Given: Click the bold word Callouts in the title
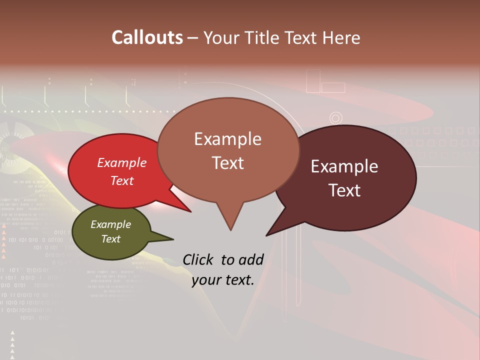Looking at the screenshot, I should tap(147, 38).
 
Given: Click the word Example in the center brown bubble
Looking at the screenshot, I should tap(227, 139).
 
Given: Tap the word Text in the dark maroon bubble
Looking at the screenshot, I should tap(345, 190).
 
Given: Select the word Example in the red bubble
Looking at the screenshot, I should tap(122, 162).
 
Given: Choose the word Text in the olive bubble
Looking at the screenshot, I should tap(111, 239).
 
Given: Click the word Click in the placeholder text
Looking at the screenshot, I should tap(198, 259).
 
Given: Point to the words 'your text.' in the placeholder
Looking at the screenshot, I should tap(223, 280).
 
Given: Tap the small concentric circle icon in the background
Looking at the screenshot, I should tap(335, 118).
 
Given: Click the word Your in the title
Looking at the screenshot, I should tap(223, 38).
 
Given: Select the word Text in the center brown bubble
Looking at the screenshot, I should tap(228, 163).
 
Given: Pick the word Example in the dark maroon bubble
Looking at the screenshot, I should tap(344, 166).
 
